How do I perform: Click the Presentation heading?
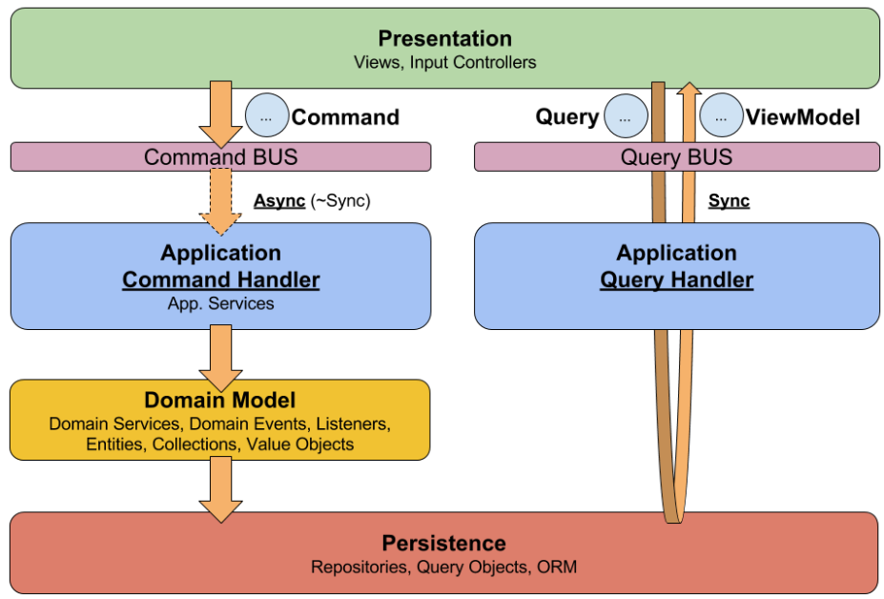point(444,39)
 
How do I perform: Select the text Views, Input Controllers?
point(444,63)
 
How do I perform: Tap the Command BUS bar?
point(220,156)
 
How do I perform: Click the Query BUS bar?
point(676,156)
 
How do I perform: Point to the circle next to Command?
point(267,116)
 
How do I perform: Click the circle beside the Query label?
point(625,116)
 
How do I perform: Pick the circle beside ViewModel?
point(721,116)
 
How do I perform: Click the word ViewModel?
point(803,117)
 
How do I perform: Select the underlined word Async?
point(279,201)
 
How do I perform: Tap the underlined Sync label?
point(729,201)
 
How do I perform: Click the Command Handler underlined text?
point(221,280)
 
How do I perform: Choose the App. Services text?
point(221,303)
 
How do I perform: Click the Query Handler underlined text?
point(676,280)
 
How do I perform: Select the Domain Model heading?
point(220,401)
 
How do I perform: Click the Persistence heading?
point(444,544)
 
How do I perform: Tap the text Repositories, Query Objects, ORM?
point(444,568)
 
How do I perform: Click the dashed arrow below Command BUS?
point(220,200)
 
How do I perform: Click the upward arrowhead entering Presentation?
point(689,91)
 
